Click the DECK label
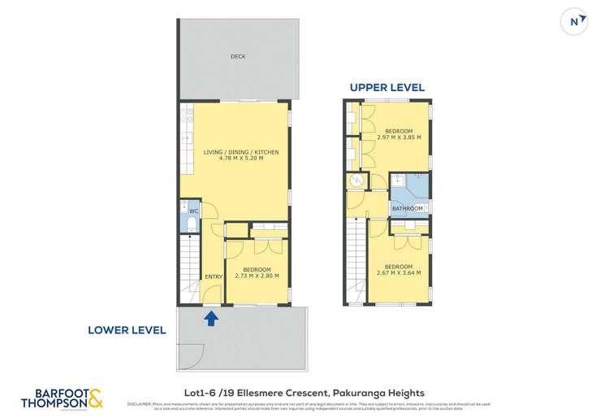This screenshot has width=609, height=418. coord(237,57)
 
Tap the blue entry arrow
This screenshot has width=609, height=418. coord(211,317)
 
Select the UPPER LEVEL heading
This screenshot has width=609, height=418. coord(387,88)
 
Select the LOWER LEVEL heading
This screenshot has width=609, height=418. coord(128,330)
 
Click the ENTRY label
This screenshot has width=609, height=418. coord(214,276)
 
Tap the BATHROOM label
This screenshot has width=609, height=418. coord(407,209)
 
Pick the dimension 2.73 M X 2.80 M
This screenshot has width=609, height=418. coord(257,276)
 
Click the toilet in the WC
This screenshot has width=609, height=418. coord(191,223)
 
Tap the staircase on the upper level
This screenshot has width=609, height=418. coord(356,260)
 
